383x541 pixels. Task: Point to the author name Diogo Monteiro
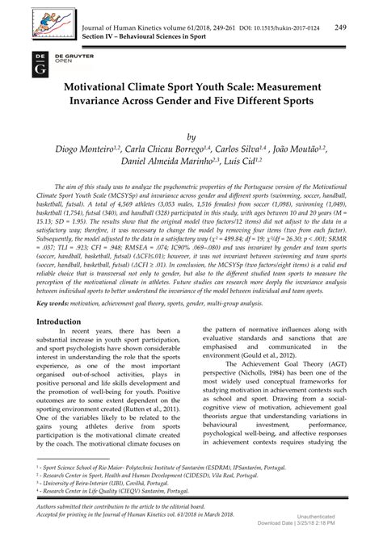(x=108, y=151)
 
